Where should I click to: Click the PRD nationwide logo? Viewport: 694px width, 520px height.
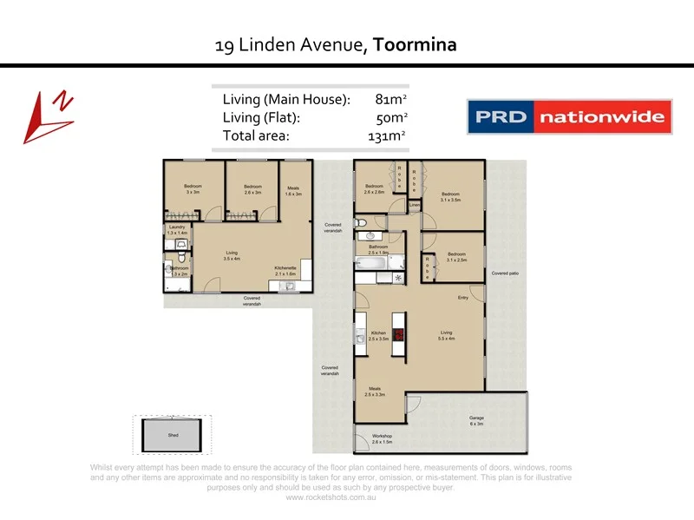click(x=570, y=116)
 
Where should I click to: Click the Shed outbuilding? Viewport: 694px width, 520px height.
click(x=173, y=435)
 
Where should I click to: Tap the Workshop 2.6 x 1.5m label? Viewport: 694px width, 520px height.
click(x=383, y=439)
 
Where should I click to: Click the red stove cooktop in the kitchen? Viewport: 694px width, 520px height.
click(x=399, y=335)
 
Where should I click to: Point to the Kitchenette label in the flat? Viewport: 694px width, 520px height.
click(x=285, y=270)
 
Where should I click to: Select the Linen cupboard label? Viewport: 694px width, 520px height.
click(x=415, y=205)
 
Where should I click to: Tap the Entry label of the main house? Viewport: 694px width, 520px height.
click(x=463, y=298)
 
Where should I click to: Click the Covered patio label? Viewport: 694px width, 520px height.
click(x=505, y=273)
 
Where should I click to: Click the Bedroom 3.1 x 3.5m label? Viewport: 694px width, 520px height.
click(x=449, y=197)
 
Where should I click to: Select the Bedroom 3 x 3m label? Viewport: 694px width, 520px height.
click(x=193, y=188)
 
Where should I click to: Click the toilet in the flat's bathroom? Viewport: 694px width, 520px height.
click(x=180, y=257)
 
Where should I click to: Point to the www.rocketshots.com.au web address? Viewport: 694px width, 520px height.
click(x=331, y=497)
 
